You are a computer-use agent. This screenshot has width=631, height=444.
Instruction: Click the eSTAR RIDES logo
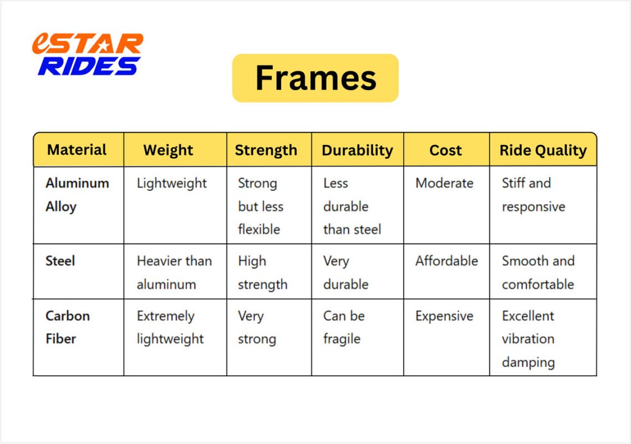88,54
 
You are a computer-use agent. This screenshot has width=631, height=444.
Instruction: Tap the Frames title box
315,78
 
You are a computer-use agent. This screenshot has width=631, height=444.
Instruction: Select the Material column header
77,150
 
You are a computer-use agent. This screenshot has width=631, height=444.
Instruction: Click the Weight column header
168,150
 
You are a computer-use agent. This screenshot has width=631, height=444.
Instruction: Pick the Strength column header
266,150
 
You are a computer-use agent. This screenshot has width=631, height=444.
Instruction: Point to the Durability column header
357,150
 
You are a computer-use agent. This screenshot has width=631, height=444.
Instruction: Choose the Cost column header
445,150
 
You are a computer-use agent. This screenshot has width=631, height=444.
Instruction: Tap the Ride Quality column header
543,150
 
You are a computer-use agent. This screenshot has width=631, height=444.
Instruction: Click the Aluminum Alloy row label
77,195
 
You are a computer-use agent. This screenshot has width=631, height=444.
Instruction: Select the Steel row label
60,261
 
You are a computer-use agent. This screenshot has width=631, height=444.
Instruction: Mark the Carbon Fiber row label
68,327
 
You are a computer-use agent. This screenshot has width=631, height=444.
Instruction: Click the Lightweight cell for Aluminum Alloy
171,183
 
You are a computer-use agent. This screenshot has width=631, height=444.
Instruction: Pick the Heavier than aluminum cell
174,273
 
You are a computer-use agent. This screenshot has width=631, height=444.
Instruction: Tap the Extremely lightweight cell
170,327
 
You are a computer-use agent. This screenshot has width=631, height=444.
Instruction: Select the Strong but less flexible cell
261,206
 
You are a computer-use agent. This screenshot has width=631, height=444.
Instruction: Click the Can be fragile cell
344,327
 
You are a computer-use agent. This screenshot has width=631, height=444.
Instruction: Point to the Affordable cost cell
446,261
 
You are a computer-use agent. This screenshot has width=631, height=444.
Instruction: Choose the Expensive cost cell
444,316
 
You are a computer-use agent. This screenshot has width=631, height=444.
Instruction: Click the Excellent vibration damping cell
528,339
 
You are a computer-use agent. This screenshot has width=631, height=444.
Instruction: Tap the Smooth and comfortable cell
538,273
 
